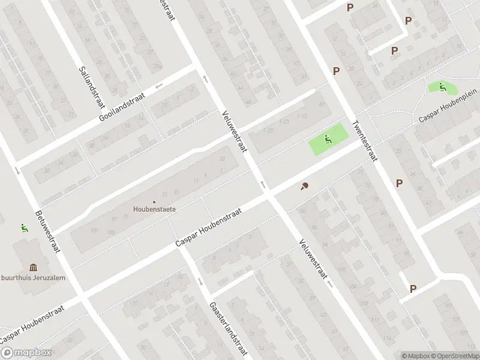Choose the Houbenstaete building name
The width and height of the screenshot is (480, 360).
point(154,209)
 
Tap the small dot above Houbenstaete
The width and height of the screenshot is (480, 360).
point(154,202)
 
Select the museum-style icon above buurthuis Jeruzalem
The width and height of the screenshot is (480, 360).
point(32,266)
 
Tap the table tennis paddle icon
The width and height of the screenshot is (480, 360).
point(305,186)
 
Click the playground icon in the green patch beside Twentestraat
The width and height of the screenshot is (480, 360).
point(328,140)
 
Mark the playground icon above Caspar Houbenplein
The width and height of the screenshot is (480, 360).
point(442,87)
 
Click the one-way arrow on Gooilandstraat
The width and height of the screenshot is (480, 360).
point(159,86)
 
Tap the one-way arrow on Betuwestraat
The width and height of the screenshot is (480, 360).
point(17,170)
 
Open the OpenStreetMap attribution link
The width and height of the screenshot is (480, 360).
point(454,356)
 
